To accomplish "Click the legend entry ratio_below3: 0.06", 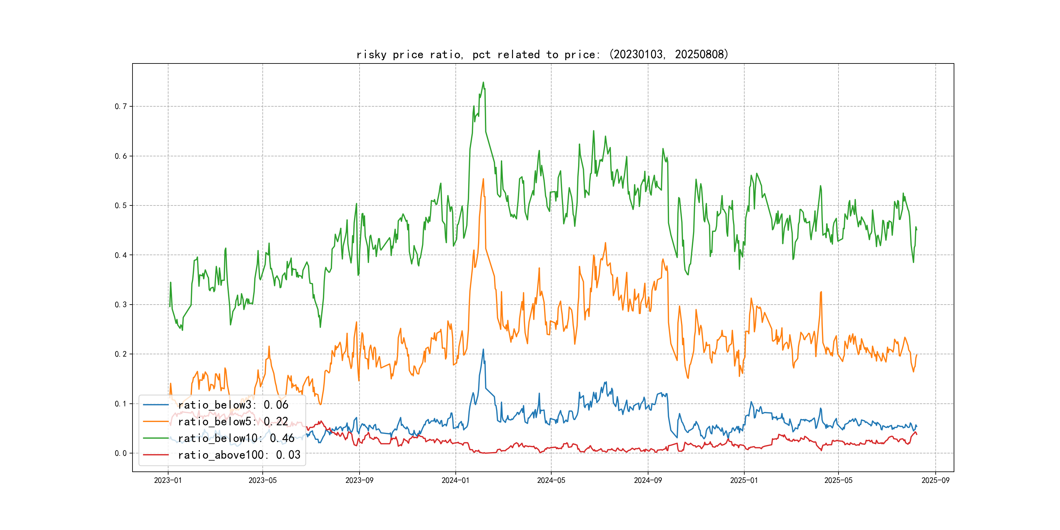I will tap(233, 405).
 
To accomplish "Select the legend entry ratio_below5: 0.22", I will tap(233, 421).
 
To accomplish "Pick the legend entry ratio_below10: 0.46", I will tap(236, 438).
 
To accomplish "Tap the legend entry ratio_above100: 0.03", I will tap(239, 455).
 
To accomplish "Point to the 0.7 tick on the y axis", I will tap(121, 107).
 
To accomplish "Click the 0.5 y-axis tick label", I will tap(121, 206).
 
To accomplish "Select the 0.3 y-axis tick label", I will tap(121, 305).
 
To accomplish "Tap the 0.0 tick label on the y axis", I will tap(121, 453).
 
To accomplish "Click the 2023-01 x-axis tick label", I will tap(168, 481).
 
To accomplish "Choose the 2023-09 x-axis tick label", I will tap(359, 481).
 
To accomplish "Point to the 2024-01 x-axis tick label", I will tap(455, 481).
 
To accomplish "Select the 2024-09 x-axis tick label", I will tap(648, 481).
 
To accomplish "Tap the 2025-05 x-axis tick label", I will tap(838, 481).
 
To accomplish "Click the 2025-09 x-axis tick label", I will tap(935, 481).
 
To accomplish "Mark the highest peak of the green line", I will tap(484, 82).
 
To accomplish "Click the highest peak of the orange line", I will tap(484, 179).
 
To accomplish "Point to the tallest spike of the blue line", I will tap(484, 349).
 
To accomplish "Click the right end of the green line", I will tap(917, 230).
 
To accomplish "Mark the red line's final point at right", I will tap(917, 434).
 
